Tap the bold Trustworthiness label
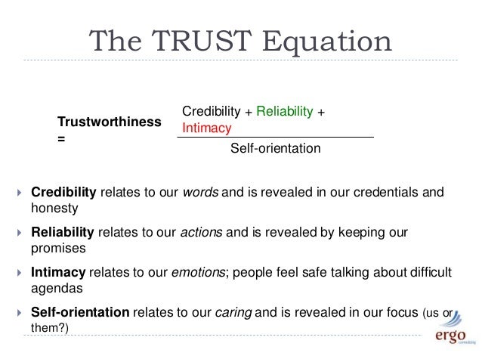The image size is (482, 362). pyautogui.click(x=110, y=122)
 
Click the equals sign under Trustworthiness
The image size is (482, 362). pyautogui.click(x=61, y=140)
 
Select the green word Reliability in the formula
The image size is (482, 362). pyautogui.click(x=284, y=112)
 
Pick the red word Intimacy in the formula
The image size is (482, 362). pyautogui.click(x=206, y=128)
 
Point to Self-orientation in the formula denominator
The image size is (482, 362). pyautogui.click(x=275, y=149)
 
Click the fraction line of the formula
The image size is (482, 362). pyautogui.click(x=275, y=137)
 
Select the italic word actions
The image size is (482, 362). pyautogui.click(x=202, y=231)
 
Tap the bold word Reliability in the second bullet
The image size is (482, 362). pyautogui.click(x=62, y=231)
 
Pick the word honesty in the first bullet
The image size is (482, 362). pyautogui.click(x=54, y=206)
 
